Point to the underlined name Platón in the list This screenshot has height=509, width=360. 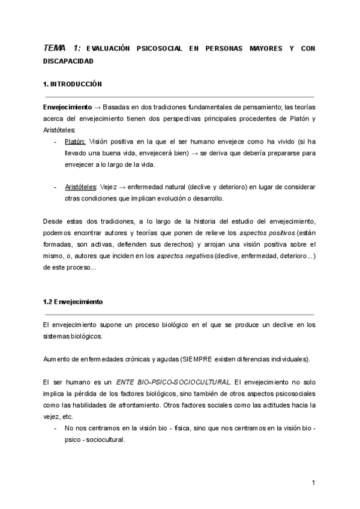75,142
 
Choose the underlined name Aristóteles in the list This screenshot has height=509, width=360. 80,188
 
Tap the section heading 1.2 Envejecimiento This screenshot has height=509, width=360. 73,302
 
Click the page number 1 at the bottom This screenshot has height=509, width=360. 313,483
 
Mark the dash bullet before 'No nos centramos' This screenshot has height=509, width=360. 55,427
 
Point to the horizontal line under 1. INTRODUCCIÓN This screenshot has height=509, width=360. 179,96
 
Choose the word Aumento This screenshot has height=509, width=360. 58,359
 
